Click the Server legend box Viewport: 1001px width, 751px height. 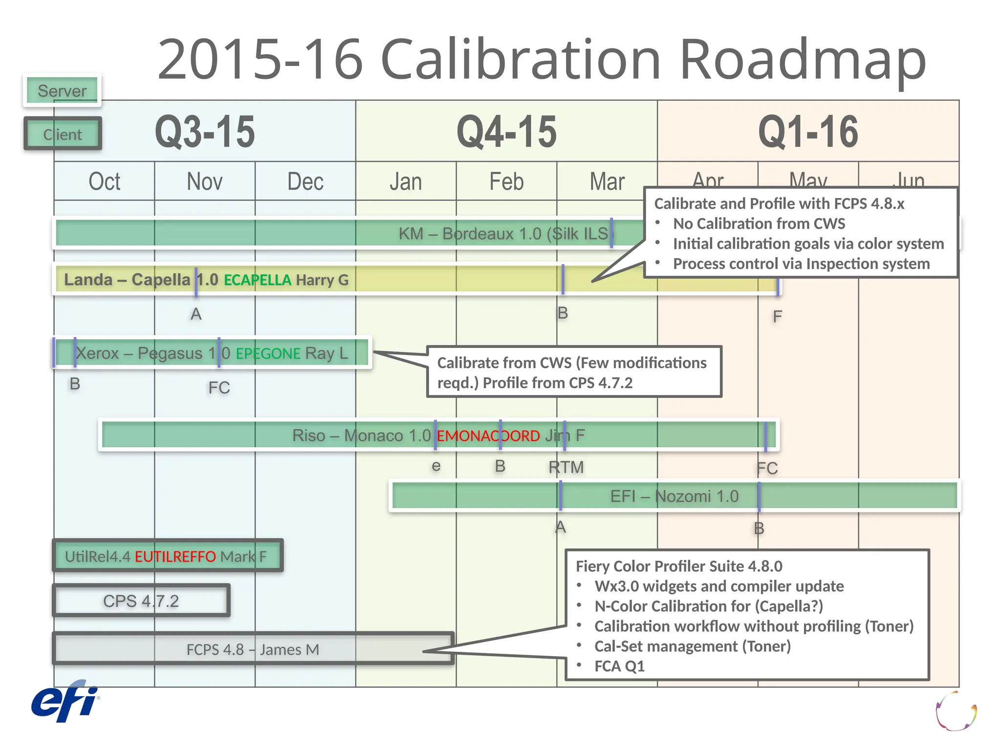pyautogui.click(x=62, y=90)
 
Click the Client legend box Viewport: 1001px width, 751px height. pyautogui.click(x=63, y=134)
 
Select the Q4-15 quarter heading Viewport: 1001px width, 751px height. pyautogui.click(x=506, y=132)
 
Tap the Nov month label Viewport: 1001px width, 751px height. pyautogui.click(x=204, y=181)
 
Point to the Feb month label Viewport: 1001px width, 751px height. pyautogui.click(x=506, y=181)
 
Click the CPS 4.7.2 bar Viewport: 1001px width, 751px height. pyautogui.click(x=141, y=601)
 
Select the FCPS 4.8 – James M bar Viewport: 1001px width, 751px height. pyautogui.click(x=253, y=649)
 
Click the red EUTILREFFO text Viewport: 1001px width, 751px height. pyautogui.click(x=175, y=556)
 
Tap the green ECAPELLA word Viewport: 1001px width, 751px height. pyautogui.click(x=257, y=280)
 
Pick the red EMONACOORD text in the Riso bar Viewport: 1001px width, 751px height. pyautogui.click(x=488, y=436)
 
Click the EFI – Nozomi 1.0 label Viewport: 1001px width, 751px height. pyautogui.click(x=674, y=496)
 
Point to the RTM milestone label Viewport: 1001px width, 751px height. pyautogui.click(x=566, y=467)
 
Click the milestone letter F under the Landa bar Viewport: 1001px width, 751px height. pyautogui.click(x=777, y=317)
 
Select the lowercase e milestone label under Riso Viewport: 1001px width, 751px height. pyautogui.click(x=436, y=466)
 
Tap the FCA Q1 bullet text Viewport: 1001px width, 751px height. pyautogui.click(x=619, y=666)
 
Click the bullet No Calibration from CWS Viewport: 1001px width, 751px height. pyautogui.click(x=759, y=223)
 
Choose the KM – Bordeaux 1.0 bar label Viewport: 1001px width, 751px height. pyautogui.click(x=503, y=234)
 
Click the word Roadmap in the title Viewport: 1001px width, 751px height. pyautogui.click(x=803, y=60)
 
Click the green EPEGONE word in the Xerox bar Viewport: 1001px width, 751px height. pyautogui.click(x=268, y=353)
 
